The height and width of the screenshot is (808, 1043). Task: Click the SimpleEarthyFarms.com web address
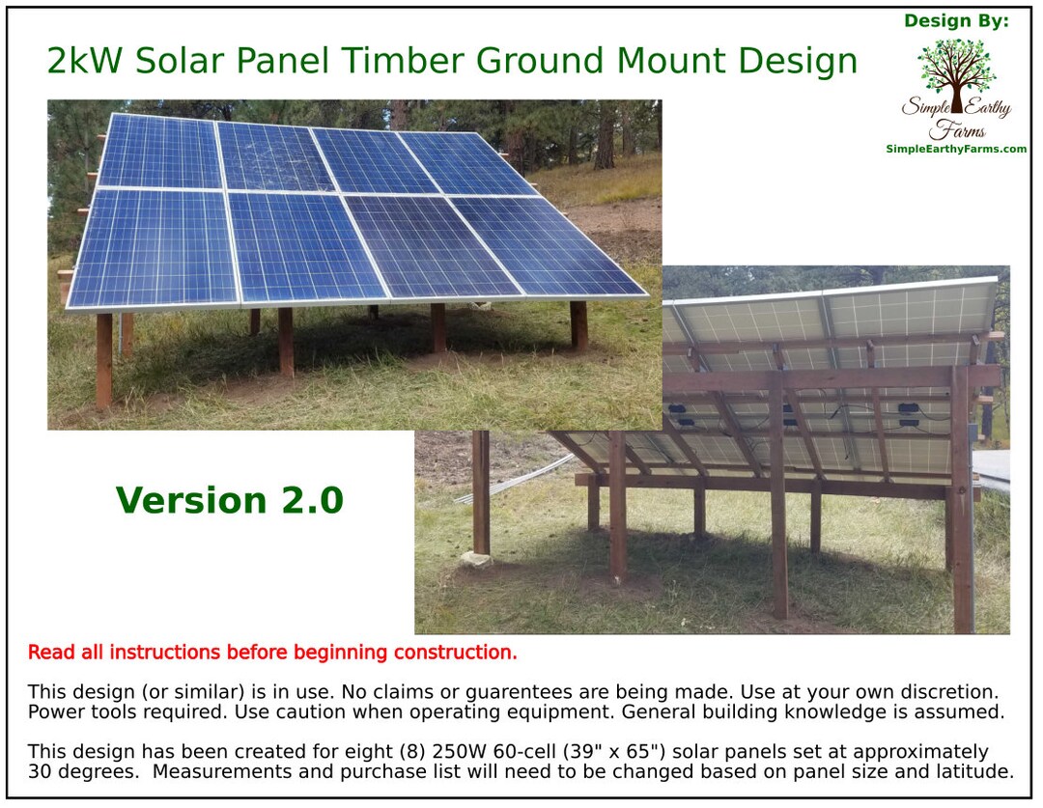[955, 149]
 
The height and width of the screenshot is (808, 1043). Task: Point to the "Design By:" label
[955, 21]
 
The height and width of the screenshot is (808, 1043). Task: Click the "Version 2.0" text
[229, 501]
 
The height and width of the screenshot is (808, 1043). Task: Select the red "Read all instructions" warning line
[272, 653]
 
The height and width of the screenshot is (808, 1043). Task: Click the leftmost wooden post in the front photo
[103, 358]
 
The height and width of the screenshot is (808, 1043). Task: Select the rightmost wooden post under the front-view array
[578, 325]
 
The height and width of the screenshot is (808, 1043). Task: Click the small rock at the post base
[475, 559]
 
